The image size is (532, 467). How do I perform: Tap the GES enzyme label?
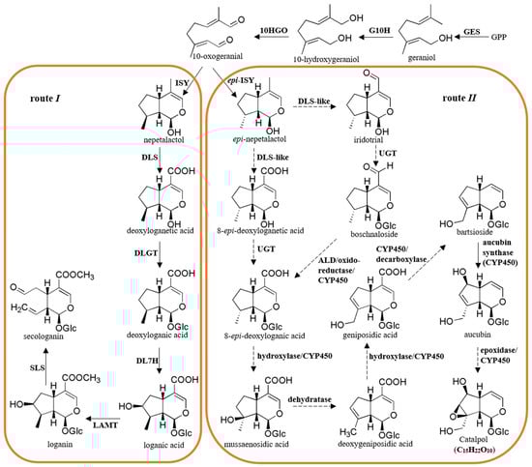[478, 32]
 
